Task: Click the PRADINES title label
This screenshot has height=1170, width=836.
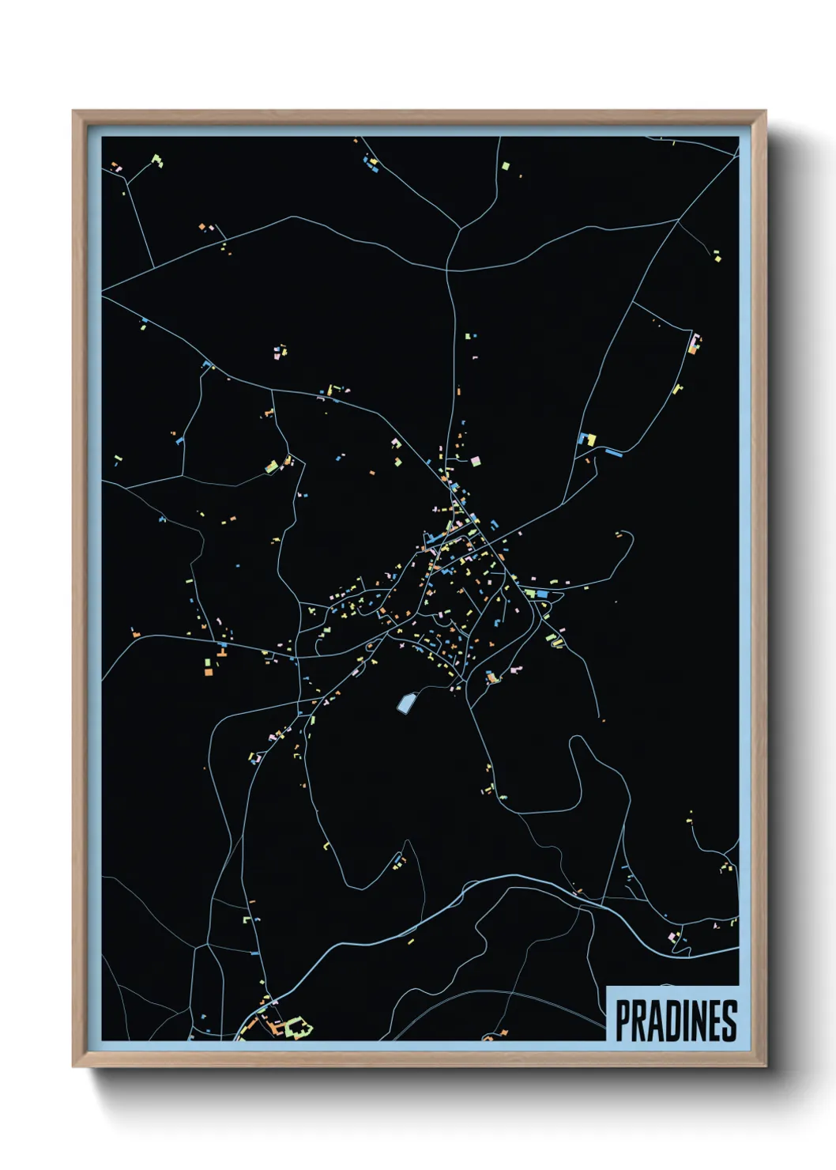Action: click(x=676, y=1021)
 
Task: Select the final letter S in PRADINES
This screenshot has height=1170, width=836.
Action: click(x=729, y=1021)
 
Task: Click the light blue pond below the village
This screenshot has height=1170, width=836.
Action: click(x=405, y=703)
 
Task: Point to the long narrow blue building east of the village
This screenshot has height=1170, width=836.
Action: click(x=614, y=452)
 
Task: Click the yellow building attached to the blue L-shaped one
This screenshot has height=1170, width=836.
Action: click(x=591, y=440)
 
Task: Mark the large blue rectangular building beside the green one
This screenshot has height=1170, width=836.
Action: click(x=542, y=593)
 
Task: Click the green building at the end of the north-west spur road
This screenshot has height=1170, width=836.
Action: click(x=156, y=160)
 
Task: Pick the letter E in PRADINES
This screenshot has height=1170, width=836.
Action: click(x=714, y=1021)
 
